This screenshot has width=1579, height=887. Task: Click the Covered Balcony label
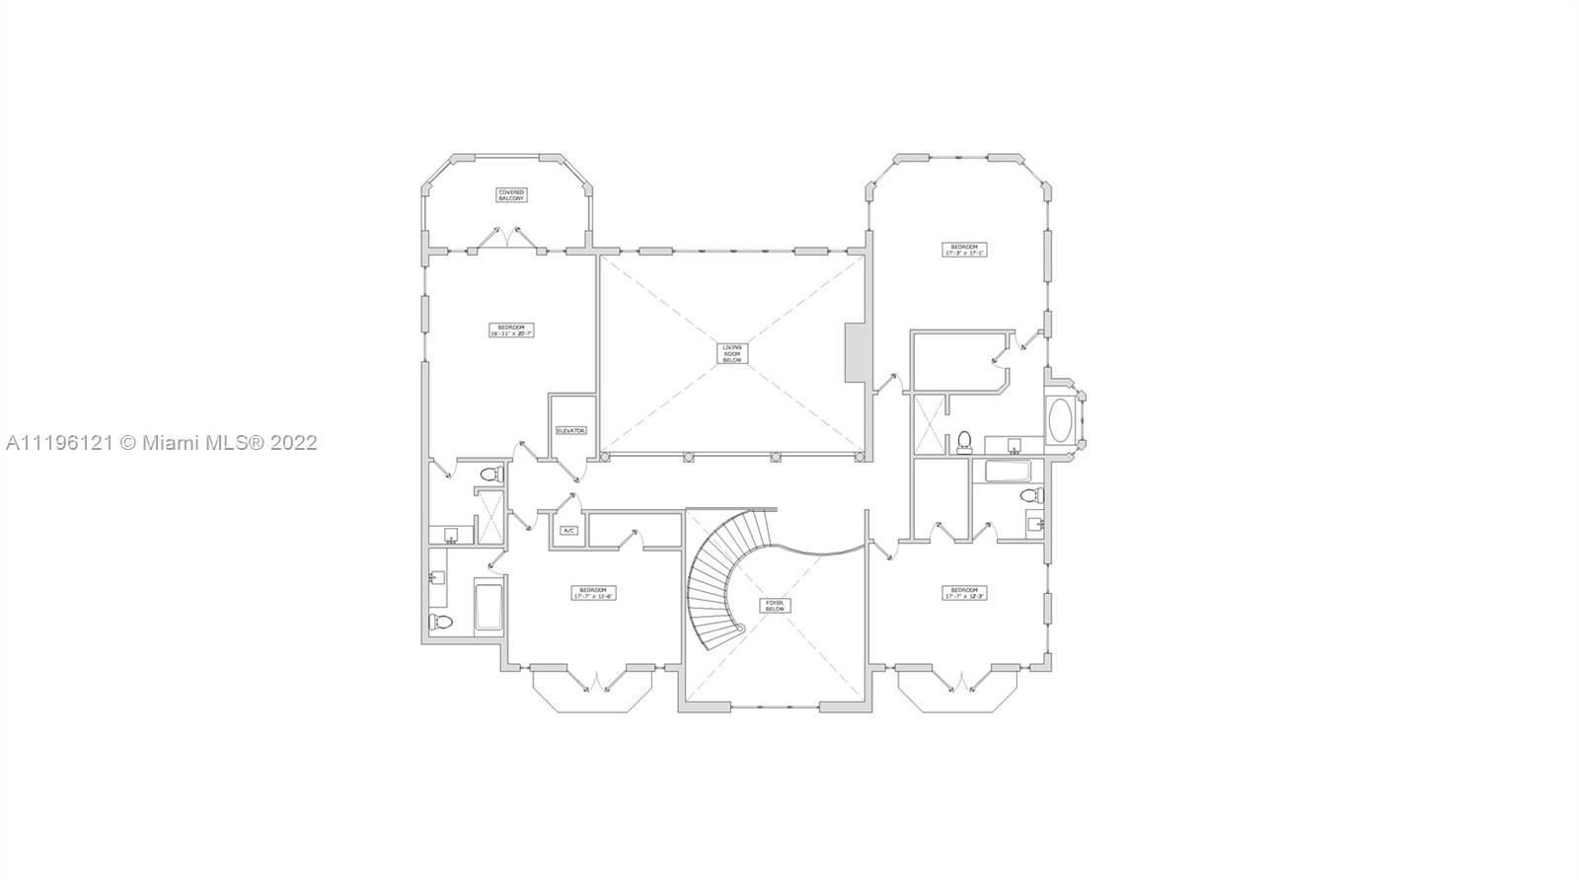click(x=511, y=195)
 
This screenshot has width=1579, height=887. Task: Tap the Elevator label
click(x=571, y=430)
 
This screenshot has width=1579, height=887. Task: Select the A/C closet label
click(x=568, y=530)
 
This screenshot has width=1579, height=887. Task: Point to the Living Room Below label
click(x=731, y=353)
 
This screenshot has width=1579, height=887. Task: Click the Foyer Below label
click(x=776, y=605)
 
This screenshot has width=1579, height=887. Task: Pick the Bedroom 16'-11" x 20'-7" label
click(x=511, y=331)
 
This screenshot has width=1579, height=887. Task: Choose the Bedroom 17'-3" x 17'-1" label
click(x=964, y=250)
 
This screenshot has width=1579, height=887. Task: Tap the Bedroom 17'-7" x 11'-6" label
click(x=593, y=593)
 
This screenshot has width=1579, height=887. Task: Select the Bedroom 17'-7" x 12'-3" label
click(x=964, y=593)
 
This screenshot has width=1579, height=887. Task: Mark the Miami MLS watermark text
click(x=161, y=443)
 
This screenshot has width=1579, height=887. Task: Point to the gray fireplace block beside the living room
click(x=855, y=352)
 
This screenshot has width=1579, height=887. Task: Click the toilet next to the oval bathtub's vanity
click(x=964, y=440)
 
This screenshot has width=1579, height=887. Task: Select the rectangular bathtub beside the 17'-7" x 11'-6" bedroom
click(x=489, y=607)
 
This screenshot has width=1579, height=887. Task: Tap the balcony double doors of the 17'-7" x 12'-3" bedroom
click(x=960, y=682)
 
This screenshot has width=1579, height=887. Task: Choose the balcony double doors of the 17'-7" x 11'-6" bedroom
click(x=597, y=682)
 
